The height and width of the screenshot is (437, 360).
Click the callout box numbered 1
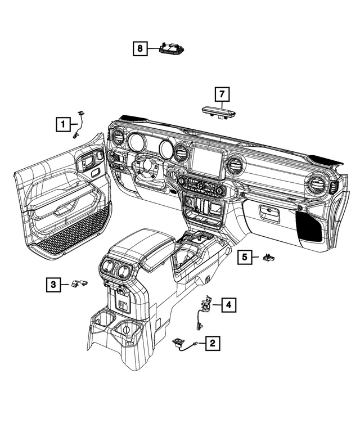coord(63,123)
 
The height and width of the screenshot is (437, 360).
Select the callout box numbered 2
coord(212,343)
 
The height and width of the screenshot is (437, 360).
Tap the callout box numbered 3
coord(52,285)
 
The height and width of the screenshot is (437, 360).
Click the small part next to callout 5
coord(268,258)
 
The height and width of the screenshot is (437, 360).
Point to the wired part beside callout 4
coord(203,309)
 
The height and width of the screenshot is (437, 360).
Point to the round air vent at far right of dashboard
coord(316,186)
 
